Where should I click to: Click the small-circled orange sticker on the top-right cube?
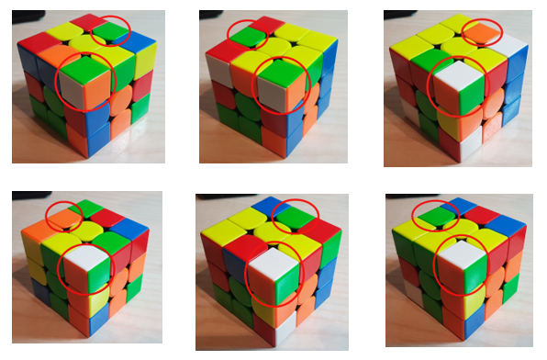click(483, 33)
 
